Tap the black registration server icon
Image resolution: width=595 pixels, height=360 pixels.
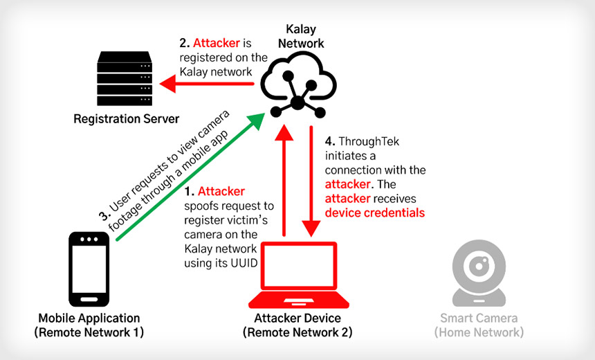click(125, 76)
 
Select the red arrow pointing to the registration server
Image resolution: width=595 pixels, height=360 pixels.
click(208, 84)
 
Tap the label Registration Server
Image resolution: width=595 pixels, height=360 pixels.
click(127, 118)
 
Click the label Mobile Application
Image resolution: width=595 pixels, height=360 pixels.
click(89, 318)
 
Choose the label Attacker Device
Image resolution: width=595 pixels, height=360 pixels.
click(297, 318)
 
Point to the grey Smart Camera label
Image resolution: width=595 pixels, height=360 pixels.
click(479, 318)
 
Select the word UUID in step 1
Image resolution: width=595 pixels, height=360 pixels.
click(243, 264)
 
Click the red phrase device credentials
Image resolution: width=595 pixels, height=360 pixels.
click(374, 213)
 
